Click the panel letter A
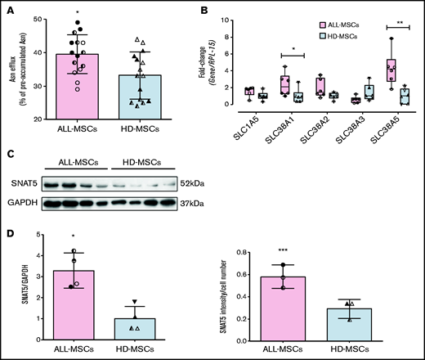(x=10, y=9)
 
